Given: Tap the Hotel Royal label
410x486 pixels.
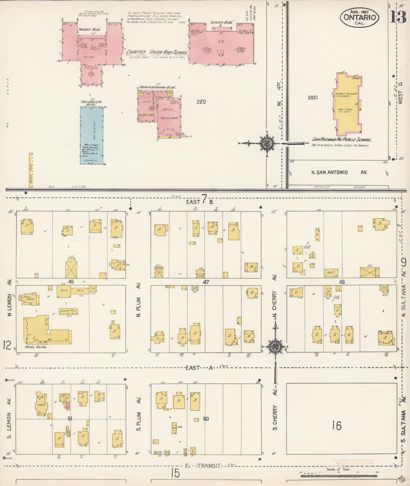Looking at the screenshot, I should tap(36, 347).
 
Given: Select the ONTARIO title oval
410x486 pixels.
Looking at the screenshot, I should tap(360, 17).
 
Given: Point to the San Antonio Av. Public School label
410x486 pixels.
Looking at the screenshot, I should tap(342, 140).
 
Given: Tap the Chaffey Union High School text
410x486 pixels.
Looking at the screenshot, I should tap(157, 52).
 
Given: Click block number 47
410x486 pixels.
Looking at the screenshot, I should tap(206, 282).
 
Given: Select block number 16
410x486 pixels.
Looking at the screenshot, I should tap(337, 425).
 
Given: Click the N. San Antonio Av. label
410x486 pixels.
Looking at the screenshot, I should tap(339, 172).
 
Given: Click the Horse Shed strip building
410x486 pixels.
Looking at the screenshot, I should tap(31, 170).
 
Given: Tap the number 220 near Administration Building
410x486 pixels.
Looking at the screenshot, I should tap(201, 102).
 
